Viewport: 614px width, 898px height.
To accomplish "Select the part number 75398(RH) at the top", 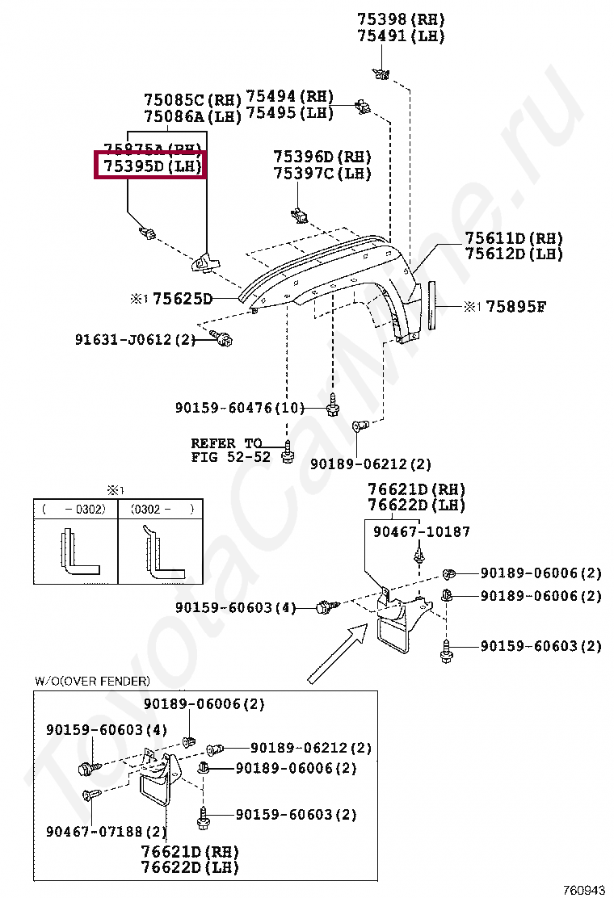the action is pos(401,19).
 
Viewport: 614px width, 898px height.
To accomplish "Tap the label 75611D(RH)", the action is pos(513,238).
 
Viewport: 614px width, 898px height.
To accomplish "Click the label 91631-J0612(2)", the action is pos(135,340).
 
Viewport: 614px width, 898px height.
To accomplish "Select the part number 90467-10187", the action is pos(421,531).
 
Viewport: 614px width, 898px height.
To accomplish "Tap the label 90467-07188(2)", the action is pos(106,831).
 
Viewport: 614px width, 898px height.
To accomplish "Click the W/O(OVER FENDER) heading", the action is pos(91,681).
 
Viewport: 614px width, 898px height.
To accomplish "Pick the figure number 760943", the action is pos(584,889).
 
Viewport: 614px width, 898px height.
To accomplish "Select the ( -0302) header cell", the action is pos(75,510).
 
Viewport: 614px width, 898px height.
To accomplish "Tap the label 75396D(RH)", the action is pos(322,156).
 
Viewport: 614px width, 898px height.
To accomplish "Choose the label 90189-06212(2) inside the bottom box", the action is pos(311,749).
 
